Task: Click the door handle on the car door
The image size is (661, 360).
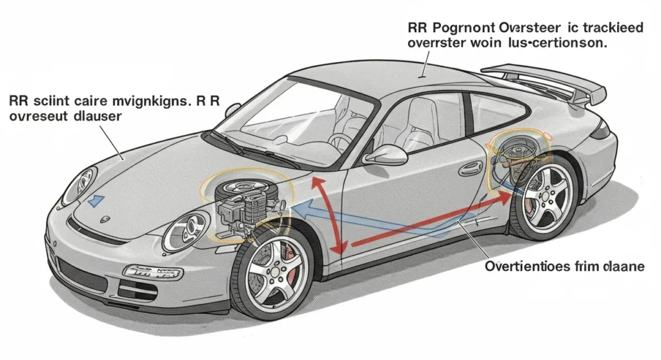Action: (x=470, y=168)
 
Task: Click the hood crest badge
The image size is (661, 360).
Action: (x=105, y=219)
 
